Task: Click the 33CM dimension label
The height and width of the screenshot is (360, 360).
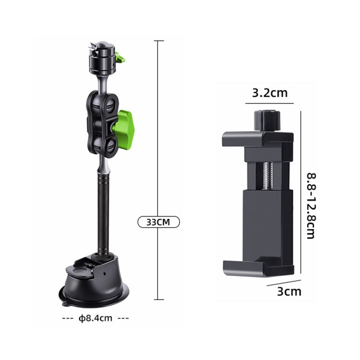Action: [x=158, y=222]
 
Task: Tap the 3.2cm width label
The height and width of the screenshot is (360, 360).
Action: [x=269, y=93]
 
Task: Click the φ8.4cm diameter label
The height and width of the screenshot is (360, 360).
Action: [x=95, y=318]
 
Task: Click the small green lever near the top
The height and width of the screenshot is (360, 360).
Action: [x=120, y=59]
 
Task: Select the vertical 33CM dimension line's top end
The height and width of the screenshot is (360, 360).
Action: [x=158, y=41]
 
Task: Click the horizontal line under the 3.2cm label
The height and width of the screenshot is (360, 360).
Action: [x=269, y=103]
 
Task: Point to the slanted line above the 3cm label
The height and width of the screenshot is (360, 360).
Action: [x=284, y=283]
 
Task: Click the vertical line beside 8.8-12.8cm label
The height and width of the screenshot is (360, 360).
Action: [x=300, y=192]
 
